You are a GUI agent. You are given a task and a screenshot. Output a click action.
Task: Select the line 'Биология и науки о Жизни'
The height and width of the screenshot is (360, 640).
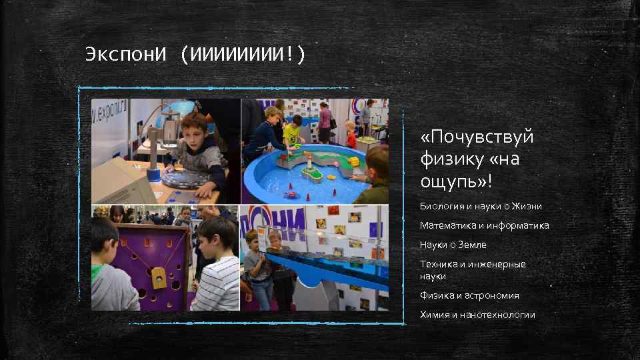click(480, 206)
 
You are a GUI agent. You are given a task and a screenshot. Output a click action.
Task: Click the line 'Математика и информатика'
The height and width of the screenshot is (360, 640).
click(484, 225)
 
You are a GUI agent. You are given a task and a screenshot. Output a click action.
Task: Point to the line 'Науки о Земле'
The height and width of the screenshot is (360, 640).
click(453, 245)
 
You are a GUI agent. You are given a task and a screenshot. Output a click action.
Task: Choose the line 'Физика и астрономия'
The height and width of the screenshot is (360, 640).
click(469, 295)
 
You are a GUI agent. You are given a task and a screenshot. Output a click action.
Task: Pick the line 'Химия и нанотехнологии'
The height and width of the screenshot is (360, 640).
click(477, 315)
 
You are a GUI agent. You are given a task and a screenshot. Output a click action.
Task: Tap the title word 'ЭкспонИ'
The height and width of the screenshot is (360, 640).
click(125, 54)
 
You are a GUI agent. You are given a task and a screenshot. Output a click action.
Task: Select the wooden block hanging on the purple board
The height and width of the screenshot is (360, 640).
click(159, 278)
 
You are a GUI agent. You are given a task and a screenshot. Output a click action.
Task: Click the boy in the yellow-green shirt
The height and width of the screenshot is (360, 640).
click(293, 133)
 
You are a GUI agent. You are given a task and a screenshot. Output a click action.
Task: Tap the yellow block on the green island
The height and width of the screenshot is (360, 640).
click(354, 161)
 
